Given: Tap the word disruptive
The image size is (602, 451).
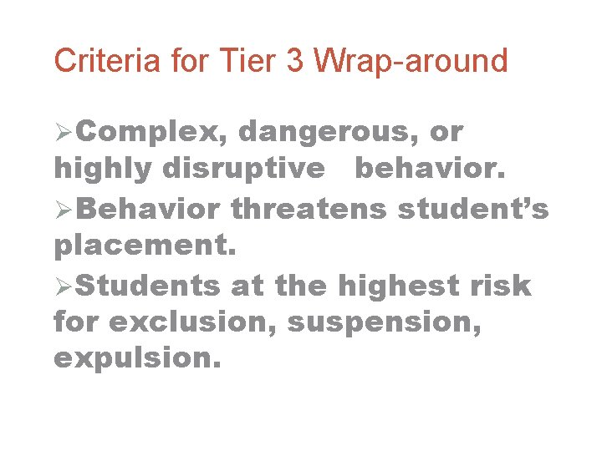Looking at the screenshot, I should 243,169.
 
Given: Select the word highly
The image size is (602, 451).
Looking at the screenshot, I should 102,169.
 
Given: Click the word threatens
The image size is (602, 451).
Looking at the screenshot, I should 309,208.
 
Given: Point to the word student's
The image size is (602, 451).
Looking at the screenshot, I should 473,208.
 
